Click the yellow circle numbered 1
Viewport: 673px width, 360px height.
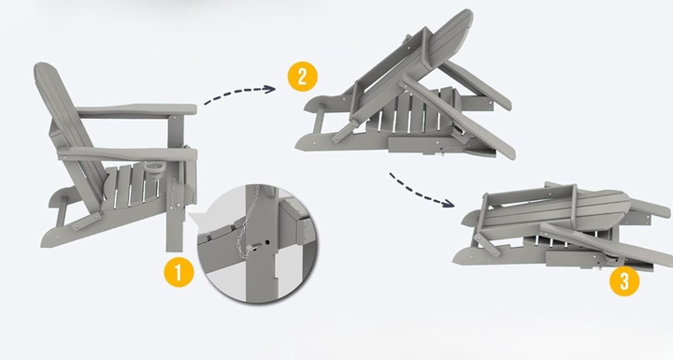tap(179, 271)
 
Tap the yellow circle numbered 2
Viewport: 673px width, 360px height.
tap(302, 77)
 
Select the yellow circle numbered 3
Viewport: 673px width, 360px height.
tap(624, 281)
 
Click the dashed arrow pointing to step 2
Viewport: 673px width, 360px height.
tap(239, 92)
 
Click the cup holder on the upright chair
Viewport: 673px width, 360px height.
tap(151, 167)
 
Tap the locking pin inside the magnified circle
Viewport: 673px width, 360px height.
tap(253, 247)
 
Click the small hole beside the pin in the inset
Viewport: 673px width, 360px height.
tap(267, 243)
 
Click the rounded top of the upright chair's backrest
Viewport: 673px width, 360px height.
tap(45, 71)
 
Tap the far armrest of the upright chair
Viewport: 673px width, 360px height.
tap(136, 109)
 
